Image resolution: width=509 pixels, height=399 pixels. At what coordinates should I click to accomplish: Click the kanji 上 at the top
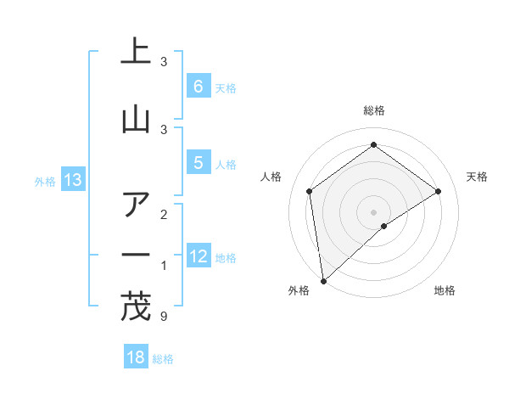135,53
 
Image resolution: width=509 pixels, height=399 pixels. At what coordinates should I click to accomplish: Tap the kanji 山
135,120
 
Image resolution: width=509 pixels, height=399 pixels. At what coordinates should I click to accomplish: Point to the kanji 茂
135,308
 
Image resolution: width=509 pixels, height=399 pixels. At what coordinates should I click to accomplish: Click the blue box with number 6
198,86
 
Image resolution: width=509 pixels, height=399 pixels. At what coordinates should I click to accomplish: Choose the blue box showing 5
198,163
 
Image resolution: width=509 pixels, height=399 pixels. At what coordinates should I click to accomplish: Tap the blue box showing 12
198,256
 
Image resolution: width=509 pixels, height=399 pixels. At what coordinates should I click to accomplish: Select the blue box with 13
72,180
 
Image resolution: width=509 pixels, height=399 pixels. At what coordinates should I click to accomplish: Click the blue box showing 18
136,357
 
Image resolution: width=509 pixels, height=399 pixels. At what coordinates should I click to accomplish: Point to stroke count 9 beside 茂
164,317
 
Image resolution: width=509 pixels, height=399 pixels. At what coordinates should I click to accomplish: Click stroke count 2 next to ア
164,215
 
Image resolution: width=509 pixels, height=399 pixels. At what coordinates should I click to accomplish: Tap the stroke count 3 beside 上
164,61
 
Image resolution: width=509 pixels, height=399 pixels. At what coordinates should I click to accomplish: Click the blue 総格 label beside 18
163,359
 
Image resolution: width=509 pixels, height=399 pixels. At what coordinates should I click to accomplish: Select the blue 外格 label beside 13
45,181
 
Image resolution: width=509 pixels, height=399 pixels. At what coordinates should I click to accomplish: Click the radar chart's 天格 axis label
477,177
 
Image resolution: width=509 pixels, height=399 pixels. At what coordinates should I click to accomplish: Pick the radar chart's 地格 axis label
445,290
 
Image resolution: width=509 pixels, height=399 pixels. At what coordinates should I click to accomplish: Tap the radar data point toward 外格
322,280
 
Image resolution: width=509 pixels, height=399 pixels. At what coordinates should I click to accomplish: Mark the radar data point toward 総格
373,145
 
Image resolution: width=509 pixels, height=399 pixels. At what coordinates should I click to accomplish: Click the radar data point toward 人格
310,191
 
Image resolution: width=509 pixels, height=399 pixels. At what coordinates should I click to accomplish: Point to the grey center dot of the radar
373,211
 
